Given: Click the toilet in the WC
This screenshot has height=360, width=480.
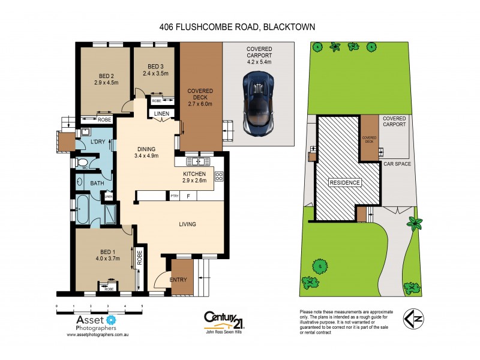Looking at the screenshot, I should (83, 163).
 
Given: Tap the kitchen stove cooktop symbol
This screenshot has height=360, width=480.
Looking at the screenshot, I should (219, 176).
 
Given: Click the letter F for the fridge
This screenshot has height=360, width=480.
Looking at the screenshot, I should (188, 196).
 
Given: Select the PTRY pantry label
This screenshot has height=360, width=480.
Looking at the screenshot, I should (175, 196).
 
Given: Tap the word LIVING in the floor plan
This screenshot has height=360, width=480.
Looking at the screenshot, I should (188, 224).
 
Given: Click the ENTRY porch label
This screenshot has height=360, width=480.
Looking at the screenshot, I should (179, 279).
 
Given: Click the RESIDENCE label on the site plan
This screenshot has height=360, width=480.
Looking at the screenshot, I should (344, 182).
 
